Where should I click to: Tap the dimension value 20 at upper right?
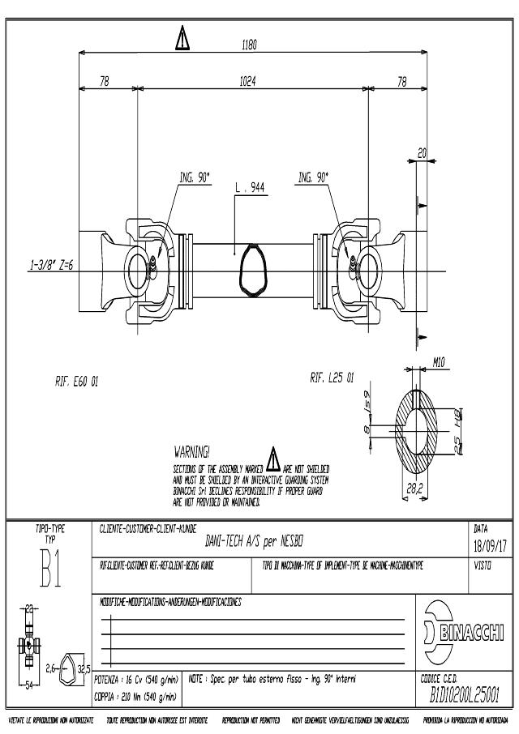tap(422, 152)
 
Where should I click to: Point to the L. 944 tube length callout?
tap(250, 187)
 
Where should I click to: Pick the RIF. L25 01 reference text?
tap(332, 378)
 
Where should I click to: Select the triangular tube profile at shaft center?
tap(251, 271)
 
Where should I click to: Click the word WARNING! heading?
tap(192, 450)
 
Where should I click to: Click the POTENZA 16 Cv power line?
tap(136, 681)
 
